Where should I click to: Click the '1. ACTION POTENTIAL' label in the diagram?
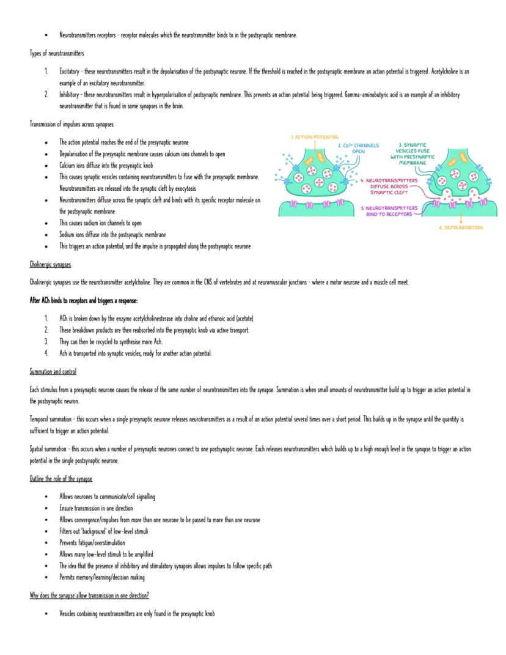point(315,137)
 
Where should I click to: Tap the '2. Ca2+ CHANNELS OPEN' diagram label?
point(358,149)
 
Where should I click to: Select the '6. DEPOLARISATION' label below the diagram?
point(461,228)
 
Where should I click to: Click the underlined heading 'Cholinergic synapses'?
point(50,265)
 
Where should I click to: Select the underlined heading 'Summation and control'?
point(53,372)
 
